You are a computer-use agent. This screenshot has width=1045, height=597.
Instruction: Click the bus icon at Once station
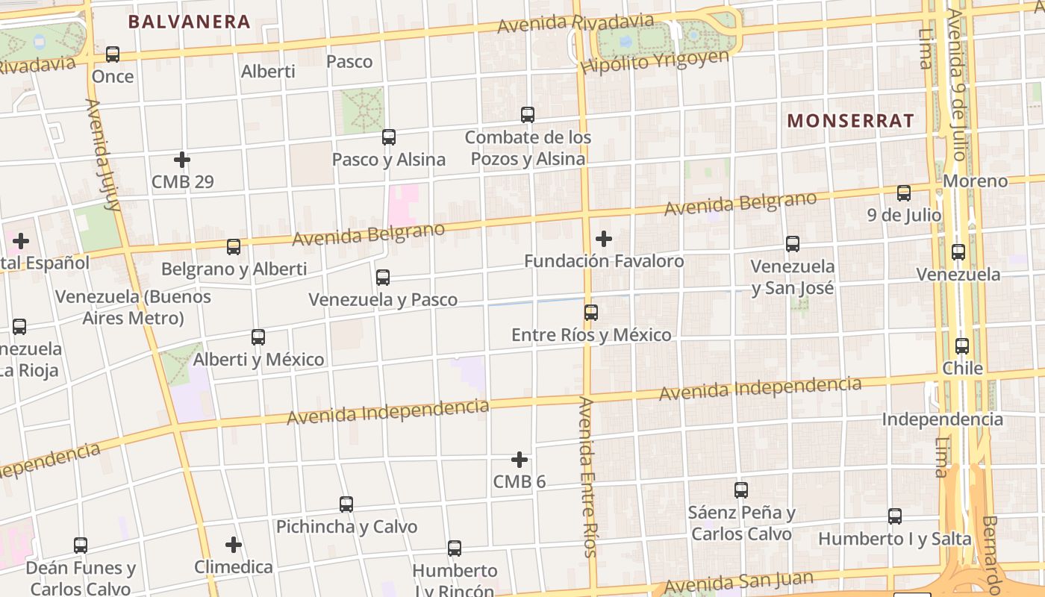click(113, 54)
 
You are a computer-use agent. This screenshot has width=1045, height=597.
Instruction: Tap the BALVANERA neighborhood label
click(189, 22)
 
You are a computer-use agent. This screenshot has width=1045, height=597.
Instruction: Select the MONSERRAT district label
click(851, 121)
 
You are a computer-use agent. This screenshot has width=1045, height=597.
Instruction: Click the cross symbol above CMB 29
click(182, 160)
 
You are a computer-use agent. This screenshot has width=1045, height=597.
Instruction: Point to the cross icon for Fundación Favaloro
click(604, 239)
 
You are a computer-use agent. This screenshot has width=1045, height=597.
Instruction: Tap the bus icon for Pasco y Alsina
click(389, 137)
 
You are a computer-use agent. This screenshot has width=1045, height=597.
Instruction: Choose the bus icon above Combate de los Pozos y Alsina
click(528, 115)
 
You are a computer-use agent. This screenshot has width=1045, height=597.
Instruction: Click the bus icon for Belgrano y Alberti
click(234, 247)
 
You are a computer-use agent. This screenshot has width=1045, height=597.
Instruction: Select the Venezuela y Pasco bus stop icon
click(383, 278)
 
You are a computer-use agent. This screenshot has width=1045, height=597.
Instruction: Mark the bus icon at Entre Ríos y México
click(591, 313)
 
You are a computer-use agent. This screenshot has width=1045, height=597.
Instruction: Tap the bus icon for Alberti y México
click(258, 337)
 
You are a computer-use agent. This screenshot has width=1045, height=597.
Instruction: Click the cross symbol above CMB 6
click(520, 460)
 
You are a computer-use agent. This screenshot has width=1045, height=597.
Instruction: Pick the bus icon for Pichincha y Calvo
click(346, 504)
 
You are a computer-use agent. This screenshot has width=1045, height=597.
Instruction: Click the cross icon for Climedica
click(234, 545)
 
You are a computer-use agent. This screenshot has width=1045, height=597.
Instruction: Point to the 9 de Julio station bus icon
click(904, 193)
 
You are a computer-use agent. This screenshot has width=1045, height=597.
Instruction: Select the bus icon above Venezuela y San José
click(793, 244)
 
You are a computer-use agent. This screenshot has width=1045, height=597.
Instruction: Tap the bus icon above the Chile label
click(962, 346)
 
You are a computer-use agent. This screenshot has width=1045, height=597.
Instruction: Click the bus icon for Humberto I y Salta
click(895, 516)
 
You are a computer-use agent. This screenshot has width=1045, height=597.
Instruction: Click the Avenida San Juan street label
click(737, 582)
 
